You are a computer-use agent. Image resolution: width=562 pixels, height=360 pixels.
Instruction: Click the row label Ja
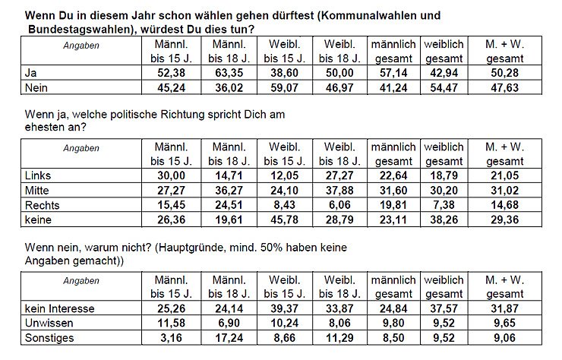tap(30, 73)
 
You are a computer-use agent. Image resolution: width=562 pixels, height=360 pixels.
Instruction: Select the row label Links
tap(37, 176)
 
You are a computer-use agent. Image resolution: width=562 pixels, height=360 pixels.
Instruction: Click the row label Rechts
tap(42, 204)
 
